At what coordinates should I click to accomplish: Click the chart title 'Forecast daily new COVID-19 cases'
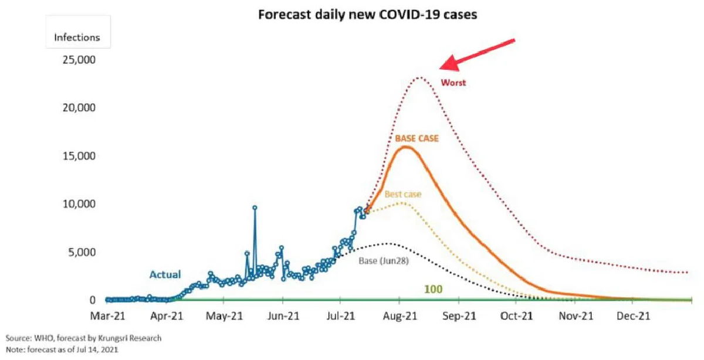click(x=368, y=15)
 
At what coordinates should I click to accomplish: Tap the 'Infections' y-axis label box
click(x=77, y=38)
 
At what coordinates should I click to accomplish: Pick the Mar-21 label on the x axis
click(x=108, y=317)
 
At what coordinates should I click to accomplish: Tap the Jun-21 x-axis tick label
click(x=283, y=317)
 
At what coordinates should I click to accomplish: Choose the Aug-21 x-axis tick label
click(x=399, y=317)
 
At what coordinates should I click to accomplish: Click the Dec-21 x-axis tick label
click(x=632, y=317)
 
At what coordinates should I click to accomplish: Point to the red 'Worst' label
click(x=453, y=83)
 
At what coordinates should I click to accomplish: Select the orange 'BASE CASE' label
click(x=417, y=138)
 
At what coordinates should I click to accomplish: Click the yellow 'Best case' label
click(x=403, y=194)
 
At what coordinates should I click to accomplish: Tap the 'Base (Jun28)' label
click(x=384, y=260)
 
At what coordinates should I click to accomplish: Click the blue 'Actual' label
click(x=165, y=274)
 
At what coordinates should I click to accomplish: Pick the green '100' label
click(x=433, y=290)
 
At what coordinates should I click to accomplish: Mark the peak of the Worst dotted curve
click(x=419, y=77)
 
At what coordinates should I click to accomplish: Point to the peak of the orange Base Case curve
click(x=405, y=147)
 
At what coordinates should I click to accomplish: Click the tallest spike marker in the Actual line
click(x=255, y=207)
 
